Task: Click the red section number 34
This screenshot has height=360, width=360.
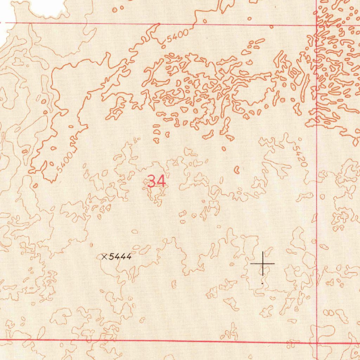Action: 156,181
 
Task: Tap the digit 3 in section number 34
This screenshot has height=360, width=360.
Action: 152,181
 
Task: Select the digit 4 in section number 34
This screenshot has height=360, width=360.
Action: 161,181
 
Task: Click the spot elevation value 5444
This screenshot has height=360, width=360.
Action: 120,257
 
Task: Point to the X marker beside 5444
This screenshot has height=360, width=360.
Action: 104,257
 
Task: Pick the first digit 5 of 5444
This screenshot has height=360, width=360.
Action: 111,257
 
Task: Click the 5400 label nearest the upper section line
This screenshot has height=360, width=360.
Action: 178,36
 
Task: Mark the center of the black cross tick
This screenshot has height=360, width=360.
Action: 263,263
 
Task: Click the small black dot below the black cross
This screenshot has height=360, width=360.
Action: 262,283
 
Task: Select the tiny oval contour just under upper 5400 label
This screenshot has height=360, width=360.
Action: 163,46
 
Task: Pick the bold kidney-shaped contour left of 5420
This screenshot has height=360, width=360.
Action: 237,170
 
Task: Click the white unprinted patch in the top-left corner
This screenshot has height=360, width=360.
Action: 49,7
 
